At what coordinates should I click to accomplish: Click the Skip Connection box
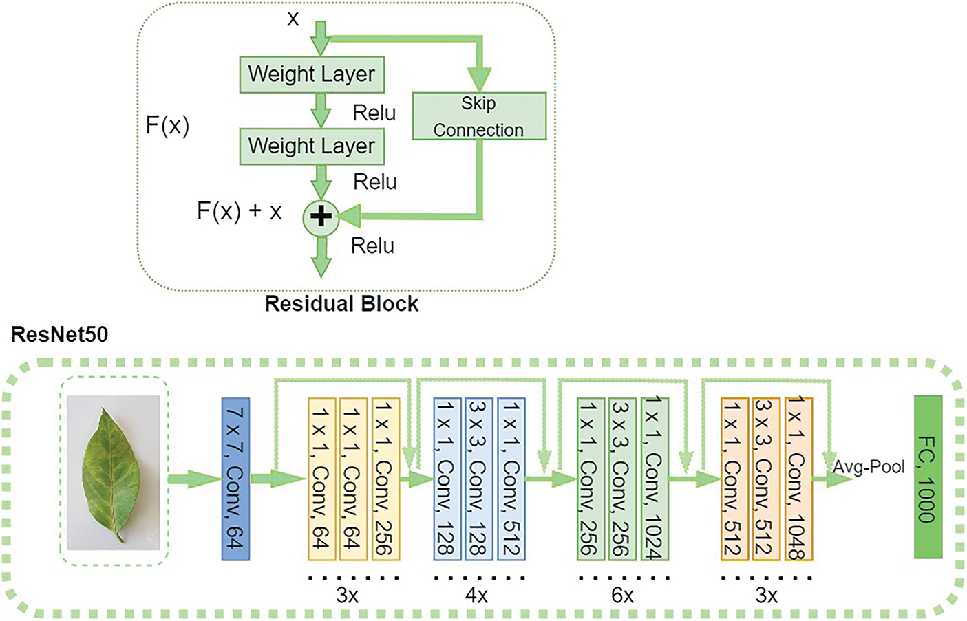click(479, 116)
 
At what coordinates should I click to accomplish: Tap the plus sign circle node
click(321, 217)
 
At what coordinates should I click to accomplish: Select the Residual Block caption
click(341, 304)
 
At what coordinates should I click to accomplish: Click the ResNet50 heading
click(60, 335)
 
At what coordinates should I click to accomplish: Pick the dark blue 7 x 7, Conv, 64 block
click(235, 479)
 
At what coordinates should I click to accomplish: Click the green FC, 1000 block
click(928, 477)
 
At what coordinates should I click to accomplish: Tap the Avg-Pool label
click(869, 467)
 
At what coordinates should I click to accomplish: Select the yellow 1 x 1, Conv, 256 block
click(385, 479)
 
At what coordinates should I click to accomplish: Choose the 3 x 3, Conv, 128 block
click(478, 479)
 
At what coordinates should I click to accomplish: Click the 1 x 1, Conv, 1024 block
click(655, 479)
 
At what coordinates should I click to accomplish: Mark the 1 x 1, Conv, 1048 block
click(798, 479)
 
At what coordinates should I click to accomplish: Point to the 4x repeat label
click(476, 595)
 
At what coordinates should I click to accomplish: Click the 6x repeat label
click(622, 595)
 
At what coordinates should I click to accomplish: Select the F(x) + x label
click(240, 211)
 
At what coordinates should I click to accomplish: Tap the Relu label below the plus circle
click(372, 246)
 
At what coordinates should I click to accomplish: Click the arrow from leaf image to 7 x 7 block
click(194, 479)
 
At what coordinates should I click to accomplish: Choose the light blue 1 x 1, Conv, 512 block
click(511, 479)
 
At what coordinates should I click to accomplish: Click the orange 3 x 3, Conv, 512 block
click(766, 479)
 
